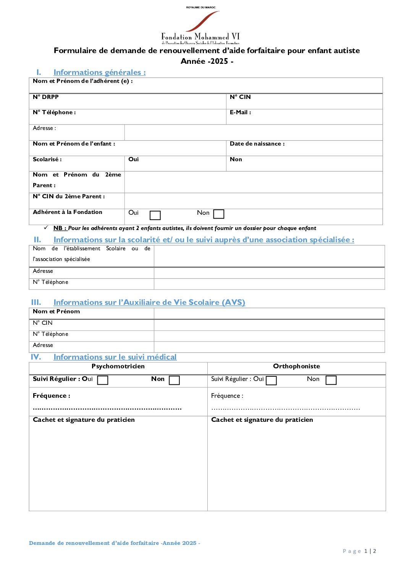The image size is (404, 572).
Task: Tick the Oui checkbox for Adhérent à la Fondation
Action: pyautogui.click(x=155, y=216)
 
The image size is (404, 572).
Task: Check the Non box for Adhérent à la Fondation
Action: pyautogui.click(x=218, y=214)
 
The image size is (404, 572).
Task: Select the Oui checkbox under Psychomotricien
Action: pyautogui.click(x=103, y=380)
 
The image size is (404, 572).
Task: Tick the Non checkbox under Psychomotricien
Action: pyautogui.click(x=174, y=380)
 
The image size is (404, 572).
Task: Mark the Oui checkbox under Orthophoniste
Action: pyautogui.click(x=271, y=380)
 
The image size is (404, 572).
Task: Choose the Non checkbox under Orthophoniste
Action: pyautogui.click(x=331, y=380)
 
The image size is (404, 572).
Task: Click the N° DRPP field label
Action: pyautogui.click(x=46, y=97)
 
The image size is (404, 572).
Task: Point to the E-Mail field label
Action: pyautogui.click(x=240, y=112)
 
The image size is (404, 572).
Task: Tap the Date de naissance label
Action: pyautogui.click(x=257, y=144)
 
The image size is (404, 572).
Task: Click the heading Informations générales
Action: pyautogui.click(x=99, y=72)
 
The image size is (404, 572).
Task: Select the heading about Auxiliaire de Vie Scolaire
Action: pyautogui.click(x=149, y=302)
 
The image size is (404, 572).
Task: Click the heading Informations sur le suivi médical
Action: pyautogui.click(x=115, y=357)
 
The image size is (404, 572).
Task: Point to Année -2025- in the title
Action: pyautogui.click(x=207, y=61)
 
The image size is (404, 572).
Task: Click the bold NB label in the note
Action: pyautogui.click(x=60, y=228)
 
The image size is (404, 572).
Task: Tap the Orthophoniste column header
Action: pyautogui.click(x=296, y=366)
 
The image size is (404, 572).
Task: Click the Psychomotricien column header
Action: pyautogui.click(x=118, y=366)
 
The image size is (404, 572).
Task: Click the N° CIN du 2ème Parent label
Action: pyautogui.click(x=69, y=196)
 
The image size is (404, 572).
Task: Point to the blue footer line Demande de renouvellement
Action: pyautogui.click(x=115, y=543)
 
